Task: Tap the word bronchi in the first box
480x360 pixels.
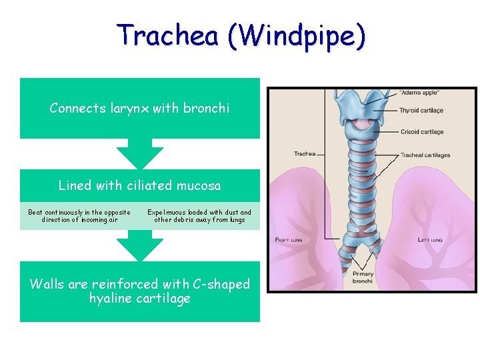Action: pos(206,108)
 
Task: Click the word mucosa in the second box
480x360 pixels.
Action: pos(199,185)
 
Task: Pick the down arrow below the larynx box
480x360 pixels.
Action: pos(140,154)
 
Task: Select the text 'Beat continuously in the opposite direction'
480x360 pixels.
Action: pos(79,216)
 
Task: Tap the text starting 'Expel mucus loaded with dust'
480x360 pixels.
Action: pos(199,216)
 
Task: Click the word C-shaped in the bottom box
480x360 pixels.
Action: pos(220,284)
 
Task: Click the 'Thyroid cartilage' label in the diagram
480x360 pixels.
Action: pos(421,110)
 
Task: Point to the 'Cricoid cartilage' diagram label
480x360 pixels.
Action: pos(422,132)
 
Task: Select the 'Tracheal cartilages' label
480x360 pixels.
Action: pos(425,155)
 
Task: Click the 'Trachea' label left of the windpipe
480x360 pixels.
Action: pos(305,154)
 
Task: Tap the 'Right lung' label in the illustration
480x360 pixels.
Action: pos(289,240)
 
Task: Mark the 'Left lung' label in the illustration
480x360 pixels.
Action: pos(430,240)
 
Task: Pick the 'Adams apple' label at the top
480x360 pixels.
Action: pos(419,92)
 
